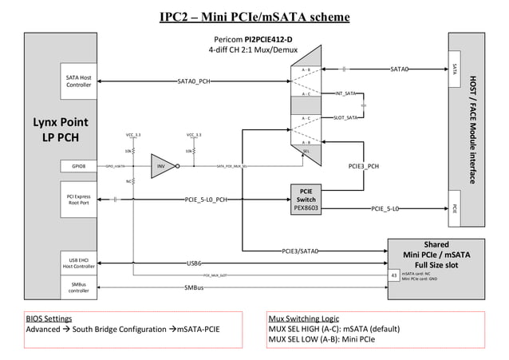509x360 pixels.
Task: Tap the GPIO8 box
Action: [x=78, y=167]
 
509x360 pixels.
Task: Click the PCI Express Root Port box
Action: [x=78, y=199]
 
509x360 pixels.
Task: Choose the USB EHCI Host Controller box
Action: [x=78, y=262]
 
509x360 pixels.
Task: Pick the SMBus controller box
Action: [x=78, y=287]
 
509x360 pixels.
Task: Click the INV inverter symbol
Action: [x=162, y=167]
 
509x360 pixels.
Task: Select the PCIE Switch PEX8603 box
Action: [x=306, y=199]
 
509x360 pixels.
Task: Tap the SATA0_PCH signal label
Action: [x=194, y=81]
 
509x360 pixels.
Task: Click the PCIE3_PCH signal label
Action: [x=365, y=167]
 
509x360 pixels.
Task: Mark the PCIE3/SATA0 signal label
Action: [x=300, y=251]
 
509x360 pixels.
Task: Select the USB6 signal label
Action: [x=194, y=262]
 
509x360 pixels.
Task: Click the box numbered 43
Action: [x=393, y=275]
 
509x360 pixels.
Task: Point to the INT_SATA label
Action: [x=345, y=94]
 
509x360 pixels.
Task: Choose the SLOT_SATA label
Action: [x=345, y=118]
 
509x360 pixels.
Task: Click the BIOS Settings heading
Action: [x=49, y=318]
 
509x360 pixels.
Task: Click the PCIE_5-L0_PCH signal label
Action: [x=206, y=199]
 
